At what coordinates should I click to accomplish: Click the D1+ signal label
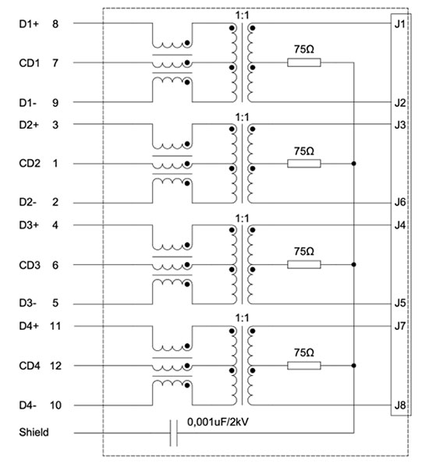(x=29, y=23)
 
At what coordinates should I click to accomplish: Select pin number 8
(x=55, y=23)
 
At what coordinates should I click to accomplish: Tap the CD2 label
(x=30, y=164)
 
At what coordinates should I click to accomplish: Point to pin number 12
(x=55, y=365)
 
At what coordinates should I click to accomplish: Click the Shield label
(x=34, y=430)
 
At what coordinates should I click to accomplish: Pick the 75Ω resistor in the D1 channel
(x=304, y=62)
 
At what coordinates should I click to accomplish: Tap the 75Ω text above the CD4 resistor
(x=304, y=352)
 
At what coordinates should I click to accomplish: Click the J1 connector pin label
(x=399, y=23)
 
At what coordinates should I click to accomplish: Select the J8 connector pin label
(x=399, y=405)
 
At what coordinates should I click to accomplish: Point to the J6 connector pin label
(x=399, y=202)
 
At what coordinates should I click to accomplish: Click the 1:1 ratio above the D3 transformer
(x=242, y=218)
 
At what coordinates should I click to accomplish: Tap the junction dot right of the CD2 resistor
(x=354, y=164)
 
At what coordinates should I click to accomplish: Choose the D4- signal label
(x=28, y=405)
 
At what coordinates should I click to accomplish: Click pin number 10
(x=55, y=405)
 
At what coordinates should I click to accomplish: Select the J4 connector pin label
(x=399, y=225)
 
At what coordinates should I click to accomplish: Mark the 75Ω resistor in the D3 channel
(x=304, y=264)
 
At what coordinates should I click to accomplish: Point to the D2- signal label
(x=28, y=202)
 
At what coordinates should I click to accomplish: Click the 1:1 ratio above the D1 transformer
(x=242, y=15)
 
